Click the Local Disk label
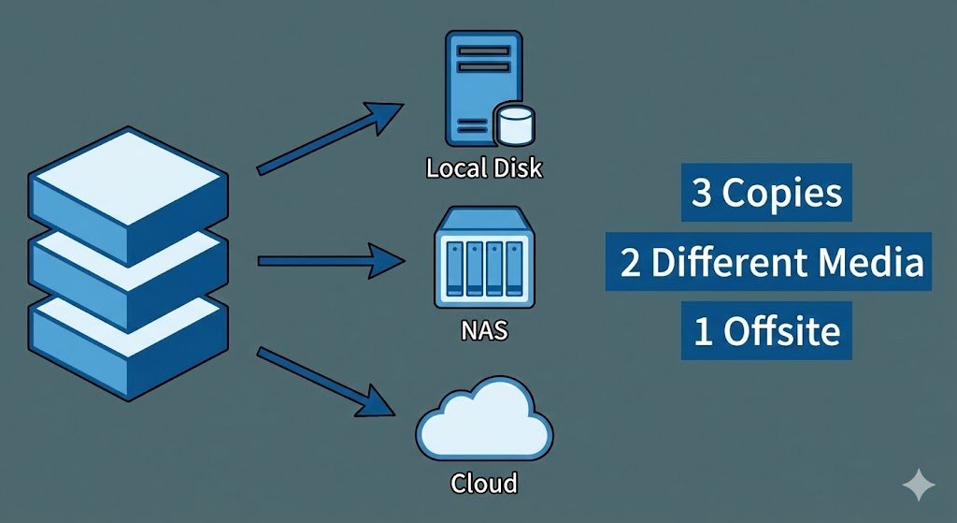483,169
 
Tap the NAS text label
484,330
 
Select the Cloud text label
484,483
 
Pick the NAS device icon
483,259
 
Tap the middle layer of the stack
128,267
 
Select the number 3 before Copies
700,194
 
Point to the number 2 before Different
631,264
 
